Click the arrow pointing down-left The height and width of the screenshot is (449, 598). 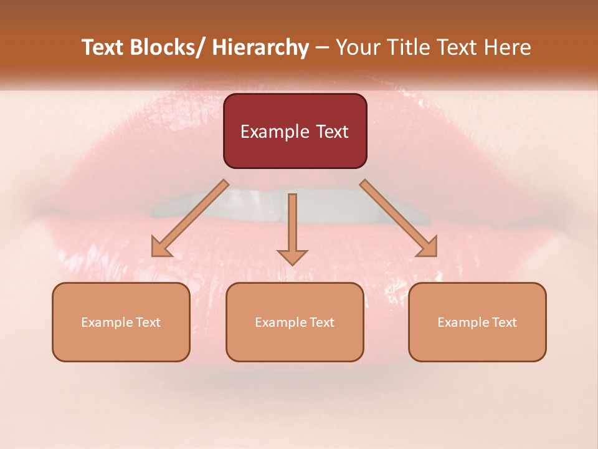190,218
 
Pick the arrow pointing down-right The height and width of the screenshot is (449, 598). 399,218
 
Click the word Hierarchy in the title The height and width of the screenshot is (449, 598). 260,47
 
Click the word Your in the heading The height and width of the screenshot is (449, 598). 358,47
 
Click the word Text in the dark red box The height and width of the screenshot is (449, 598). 331,132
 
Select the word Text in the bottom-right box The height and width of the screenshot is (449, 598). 504,322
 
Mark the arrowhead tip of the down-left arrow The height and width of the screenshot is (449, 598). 153,255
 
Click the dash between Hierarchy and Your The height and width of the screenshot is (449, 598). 322,48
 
